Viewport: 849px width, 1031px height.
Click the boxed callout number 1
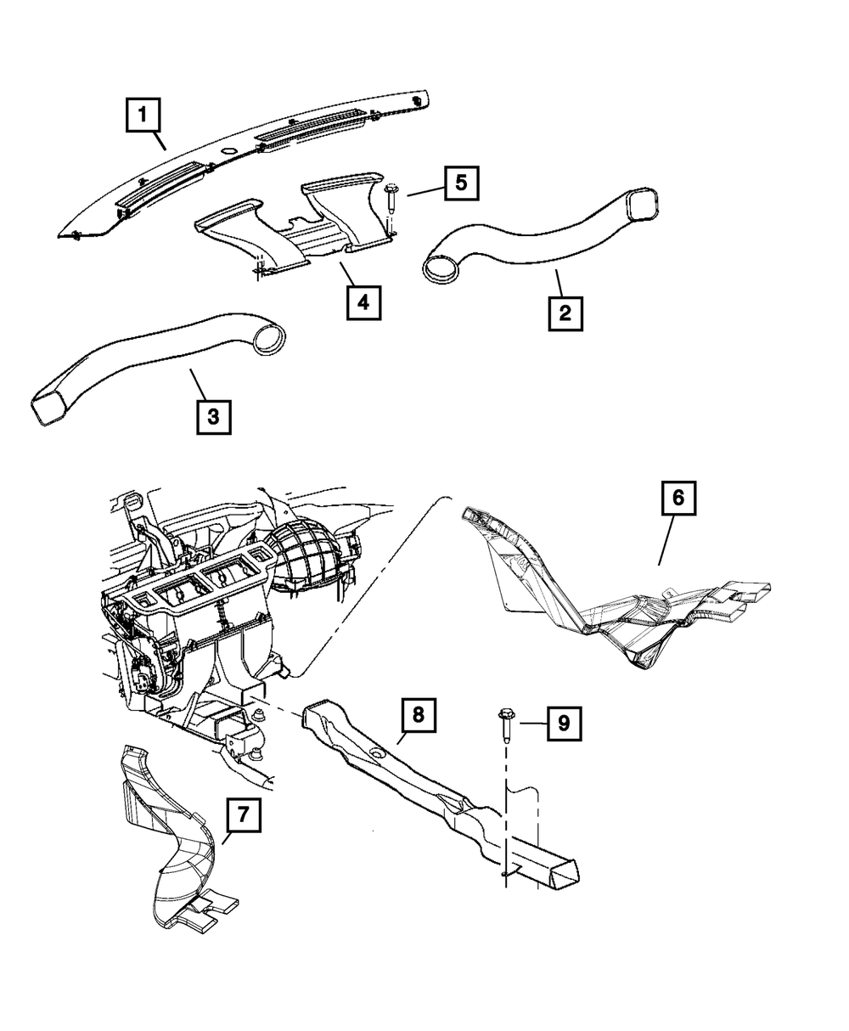pos(143,115)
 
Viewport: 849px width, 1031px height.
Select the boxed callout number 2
pos(564,312)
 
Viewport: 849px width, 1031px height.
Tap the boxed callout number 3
pos(213,416)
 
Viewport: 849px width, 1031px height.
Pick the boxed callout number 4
pos(363,301)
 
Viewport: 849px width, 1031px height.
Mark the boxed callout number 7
pos(243,815)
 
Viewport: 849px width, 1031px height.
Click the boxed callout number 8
pos(418,715)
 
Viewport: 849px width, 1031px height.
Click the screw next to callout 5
pos(391,200)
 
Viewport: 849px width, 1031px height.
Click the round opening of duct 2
pos(441,268)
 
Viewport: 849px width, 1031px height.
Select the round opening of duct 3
pos(270,338)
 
